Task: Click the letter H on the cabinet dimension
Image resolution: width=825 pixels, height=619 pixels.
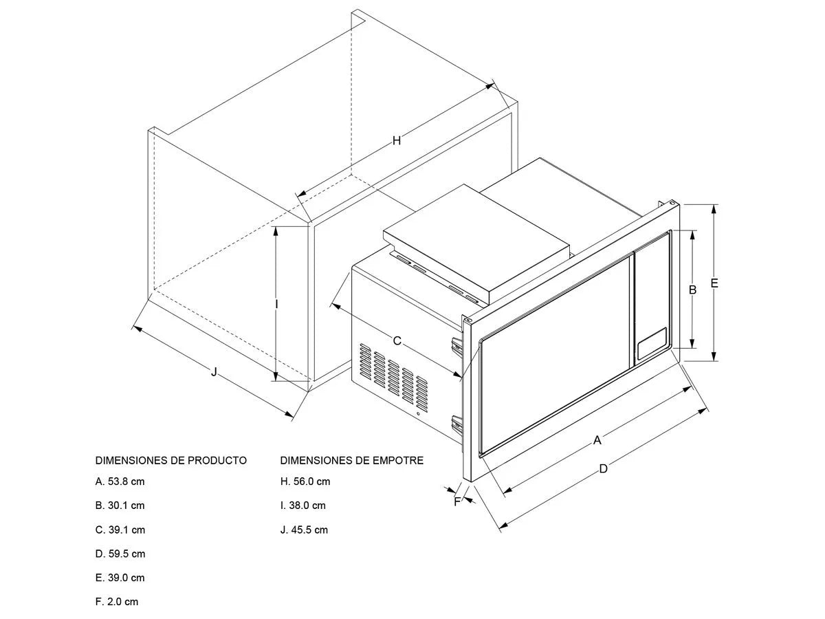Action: point(396,141)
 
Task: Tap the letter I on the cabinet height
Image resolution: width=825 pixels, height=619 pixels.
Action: point(276,303)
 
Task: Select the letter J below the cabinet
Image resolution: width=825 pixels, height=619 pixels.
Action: point(214,371)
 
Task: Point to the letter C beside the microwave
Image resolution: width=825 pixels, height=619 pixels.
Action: point(397,340)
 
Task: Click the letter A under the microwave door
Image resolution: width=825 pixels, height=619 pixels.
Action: point(597,439)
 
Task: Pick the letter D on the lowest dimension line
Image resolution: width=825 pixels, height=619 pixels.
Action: point(603,469)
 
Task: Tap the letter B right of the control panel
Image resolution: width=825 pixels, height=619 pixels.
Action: point(693,290)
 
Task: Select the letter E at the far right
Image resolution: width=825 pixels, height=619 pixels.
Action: point(714,283)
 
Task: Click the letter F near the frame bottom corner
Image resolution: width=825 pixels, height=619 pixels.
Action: point(457,501)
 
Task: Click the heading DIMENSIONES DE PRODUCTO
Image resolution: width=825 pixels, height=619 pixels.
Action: point(170,460)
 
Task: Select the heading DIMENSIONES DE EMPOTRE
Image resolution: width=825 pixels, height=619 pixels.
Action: point(352,460)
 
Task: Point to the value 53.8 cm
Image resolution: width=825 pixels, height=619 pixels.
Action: point(126,481)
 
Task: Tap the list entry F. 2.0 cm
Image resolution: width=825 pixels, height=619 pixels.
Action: point(117,602)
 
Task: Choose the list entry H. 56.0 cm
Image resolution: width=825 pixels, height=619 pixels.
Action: point(305,481)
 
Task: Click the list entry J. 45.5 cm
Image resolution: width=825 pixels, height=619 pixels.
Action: point(304,530)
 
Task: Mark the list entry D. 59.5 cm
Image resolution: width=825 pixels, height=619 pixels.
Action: point(120,554)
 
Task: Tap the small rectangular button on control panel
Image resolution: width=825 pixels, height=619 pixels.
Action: point(651,343)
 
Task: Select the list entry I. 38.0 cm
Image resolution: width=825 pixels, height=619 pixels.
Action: point(303,506)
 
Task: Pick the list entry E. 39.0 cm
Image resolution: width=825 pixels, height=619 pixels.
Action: point(120,578)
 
